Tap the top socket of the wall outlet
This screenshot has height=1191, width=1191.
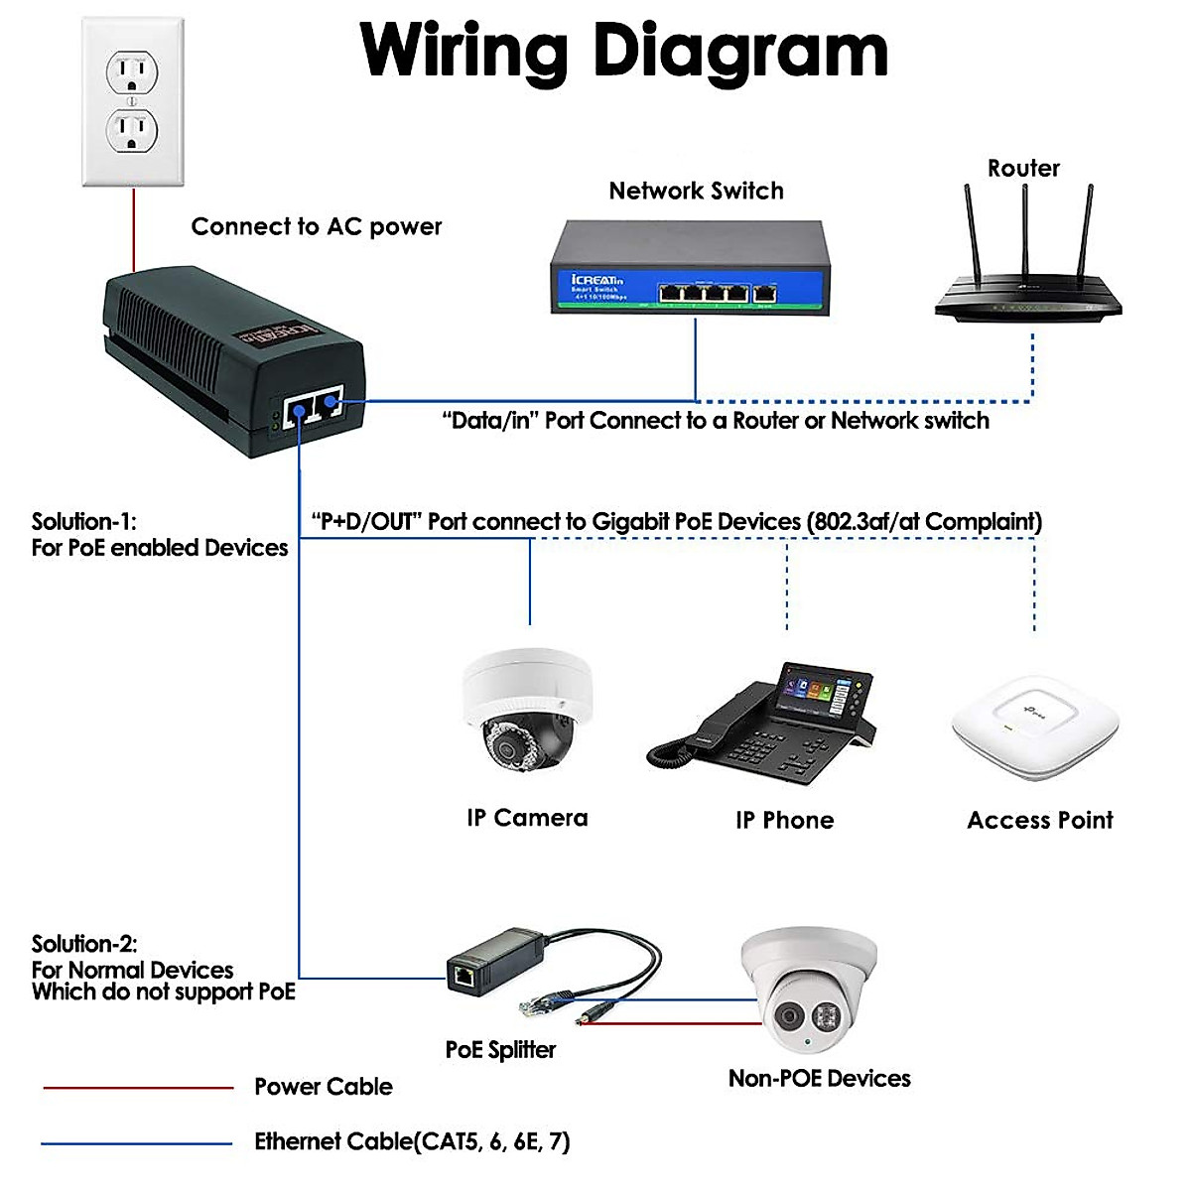coord(132,72)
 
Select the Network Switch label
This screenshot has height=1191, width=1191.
coord(696,191)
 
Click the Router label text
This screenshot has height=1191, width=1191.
coord(1023,168)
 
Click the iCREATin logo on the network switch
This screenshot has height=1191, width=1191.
coord(597,281)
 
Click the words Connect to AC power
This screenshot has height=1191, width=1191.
coord(316,226)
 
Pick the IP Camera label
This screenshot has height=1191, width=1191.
coord(527,818)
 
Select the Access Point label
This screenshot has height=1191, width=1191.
coord(1039,820)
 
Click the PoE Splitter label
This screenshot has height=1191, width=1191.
coord(500,1049)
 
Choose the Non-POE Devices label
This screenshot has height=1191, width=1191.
coord(819,1078)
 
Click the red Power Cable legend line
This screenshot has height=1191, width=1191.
coord(138,1088)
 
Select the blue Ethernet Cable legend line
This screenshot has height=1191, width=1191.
coord(138,1143)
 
